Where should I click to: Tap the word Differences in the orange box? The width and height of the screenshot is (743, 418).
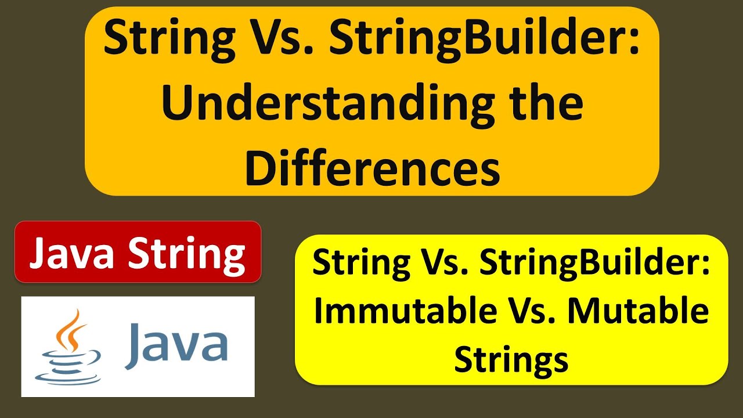tap(373, 168)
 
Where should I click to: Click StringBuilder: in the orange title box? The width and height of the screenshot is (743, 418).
tap(484, 39)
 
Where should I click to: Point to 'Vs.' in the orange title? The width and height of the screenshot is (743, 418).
tap(282, 37)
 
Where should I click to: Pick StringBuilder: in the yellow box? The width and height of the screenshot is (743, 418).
tap(595, 264)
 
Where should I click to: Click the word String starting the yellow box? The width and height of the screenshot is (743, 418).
tap(362, 264)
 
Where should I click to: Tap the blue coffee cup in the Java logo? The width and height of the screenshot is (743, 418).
tap(68, 367)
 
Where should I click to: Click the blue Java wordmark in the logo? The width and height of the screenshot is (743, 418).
tap(176, 345)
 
